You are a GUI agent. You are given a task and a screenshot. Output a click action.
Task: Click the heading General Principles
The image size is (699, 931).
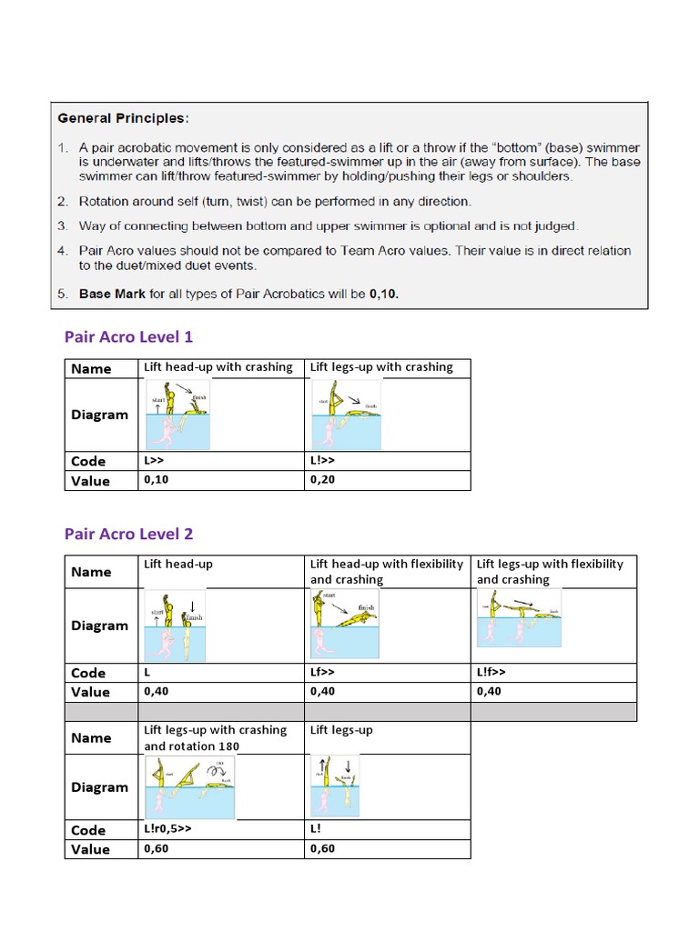point(123,117)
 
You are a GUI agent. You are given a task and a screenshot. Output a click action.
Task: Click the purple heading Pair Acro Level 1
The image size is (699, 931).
point(128,337)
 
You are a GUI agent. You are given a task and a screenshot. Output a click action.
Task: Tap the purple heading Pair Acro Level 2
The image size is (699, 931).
point(128,534)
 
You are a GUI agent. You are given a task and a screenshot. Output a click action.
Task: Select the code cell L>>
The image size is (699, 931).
point(154,461)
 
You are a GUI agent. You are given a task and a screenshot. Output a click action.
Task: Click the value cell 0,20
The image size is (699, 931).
point(323,480)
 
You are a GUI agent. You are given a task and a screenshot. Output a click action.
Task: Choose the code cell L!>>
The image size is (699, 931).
point(323,461)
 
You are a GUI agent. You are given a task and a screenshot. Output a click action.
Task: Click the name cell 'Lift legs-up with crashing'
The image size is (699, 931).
point(381,367)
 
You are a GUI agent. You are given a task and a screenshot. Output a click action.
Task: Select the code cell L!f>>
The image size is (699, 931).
point(491,673)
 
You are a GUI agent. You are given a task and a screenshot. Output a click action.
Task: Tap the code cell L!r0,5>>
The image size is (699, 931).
point(168,830)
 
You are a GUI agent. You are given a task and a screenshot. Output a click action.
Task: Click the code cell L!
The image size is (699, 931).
point(316,830)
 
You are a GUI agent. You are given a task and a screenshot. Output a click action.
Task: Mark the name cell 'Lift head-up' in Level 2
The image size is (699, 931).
point(178,565)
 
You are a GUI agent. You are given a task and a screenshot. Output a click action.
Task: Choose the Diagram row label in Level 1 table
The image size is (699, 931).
point(100,415)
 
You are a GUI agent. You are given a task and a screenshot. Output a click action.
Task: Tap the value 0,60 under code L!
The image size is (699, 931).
point(323,849)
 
